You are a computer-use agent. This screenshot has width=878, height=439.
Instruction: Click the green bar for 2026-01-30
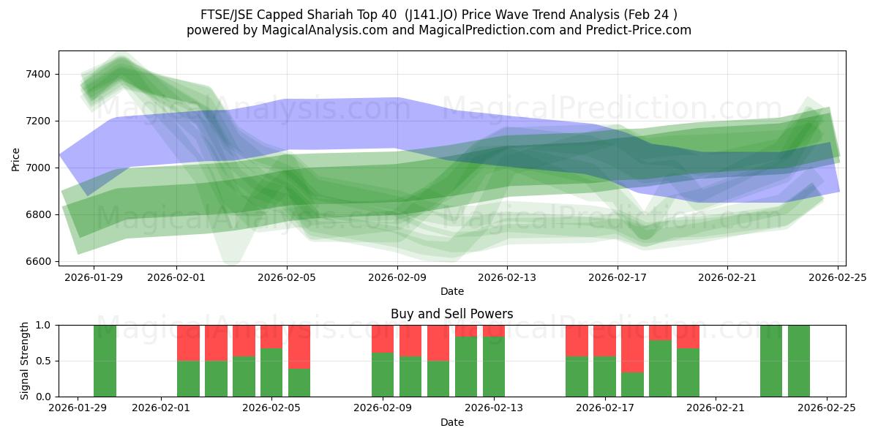tap(105, 361)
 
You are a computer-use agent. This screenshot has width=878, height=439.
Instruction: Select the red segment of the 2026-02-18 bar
tap(632, 348)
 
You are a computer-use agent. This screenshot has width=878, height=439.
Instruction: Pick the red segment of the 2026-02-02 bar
tap(188, 342)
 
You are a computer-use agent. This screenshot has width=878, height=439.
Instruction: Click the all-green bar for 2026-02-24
tap(798, 361)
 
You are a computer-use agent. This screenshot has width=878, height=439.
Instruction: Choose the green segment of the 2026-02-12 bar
tap(466, 367)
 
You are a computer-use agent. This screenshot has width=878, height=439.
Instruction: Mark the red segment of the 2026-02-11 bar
tap(438, 342)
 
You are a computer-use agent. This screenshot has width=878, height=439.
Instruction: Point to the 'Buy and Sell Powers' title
tap(451, 314)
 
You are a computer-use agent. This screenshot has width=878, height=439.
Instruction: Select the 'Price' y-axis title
tap(16, 158)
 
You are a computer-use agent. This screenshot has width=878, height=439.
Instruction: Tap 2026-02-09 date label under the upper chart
tap(397, 278)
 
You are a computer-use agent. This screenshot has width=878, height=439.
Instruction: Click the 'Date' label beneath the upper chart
tap(451, 291)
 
